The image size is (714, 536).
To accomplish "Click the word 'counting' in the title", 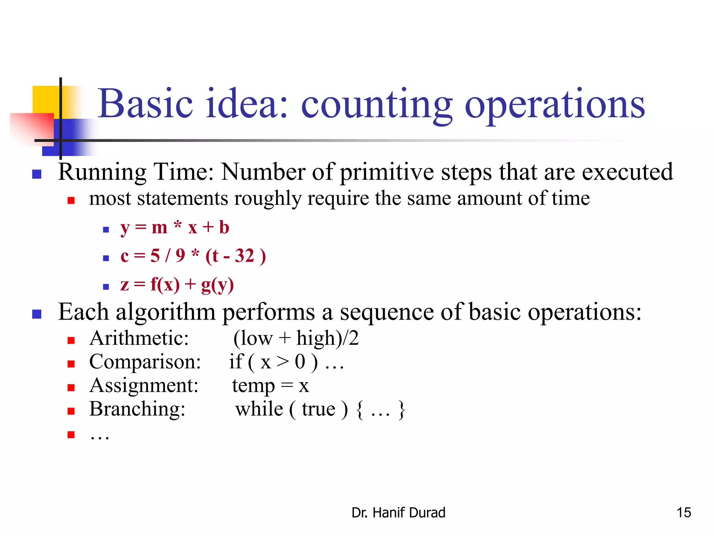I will pyautogui.click(x=377, y=105).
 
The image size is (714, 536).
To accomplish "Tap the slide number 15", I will pyautogui.click(x=684, y=513).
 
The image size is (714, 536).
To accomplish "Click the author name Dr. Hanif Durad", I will pyautogui.click(x=398, y=513).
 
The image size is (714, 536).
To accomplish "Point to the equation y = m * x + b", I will pyautogui.click(x=175, y=228).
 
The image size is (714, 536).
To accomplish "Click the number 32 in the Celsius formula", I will pyautogui.click(x=244, y=256).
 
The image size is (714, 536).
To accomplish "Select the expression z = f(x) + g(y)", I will pyautogui.click(x=177, y=284).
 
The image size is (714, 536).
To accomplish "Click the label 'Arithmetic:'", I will pyautogui.click(x=139, y=338).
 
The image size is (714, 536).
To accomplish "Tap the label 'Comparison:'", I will pyautogui.click(x=145, y=362).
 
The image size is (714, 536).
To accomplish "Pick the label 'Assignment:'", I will pyautogui.click(x=144, y=386).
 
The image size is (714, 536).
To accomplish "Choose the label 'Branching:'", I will pyautogui.click(x=137, y=409).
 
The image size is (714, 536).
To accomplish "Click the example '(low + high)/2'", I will pyautogui.click(x=296, y=338).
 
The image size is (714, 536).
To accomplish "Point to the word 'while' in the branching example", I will pyautogui.click(x=259, y=409).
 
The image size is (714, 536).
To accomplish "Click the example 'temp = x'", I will pyautogui.click(x=271, y=386).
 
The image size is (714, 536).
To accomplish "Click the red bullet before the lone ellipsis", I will pyautogui.click(x=71, y=434).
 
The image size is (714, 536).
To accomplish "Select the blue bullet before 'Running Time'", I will pyautogui.click(x=37, y=174).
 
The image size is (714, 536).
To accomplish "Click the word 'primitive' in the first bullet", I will pyautogui.click(x=387, y=172).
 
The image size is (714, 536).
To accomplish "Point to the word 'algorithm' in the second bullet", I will pyautogui.click(x=165, y=312).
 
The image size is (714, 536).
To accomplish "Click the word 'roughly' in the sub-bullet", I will pyautogui.click(x=267, y=199).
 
